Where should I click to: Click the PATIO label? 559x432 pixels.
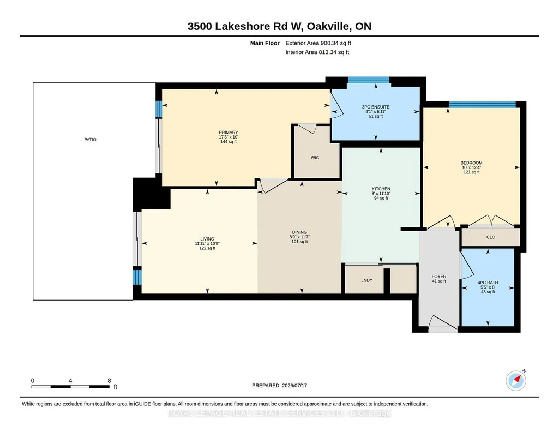point(90,140)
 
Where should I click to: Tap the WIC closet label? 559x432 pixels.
point(315,158)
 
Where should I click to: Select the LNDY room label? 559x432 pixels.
point(366,280)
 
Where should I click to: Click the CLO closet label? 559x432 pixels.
point(490,237)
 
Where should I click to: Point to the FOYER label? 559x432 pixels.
point(439,277)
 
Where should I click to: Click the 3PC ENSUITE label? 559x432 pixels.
point(375,107)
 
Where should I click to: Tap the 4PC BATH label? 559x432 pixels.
point(488,283)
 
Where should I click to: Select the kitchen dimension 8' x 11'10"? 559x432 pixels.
point(381,194)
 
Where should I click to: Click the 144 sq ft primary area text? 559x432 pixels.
point(228,142)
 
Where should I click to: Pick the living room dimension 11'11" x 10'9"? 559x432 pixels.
point(207,244)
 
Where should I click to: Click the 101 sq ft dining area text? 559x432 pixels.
point(299,242)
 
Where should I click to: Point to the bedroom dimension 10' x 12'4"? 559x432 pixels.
point(471,167)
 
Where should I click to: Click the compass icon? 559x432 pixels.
point(516,380)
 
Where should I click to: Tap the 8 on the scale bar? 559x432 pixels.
point(110,381)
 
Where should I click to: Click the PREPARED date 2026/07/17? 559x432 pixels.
point(294,385)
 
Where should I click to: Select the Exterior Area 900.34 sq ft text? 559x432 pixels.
point(318,43)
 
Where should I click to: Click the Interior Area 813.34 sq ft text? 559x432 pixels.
point(317,52)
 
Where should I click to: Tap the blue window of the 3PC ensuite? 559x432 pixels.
point(368,80)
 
